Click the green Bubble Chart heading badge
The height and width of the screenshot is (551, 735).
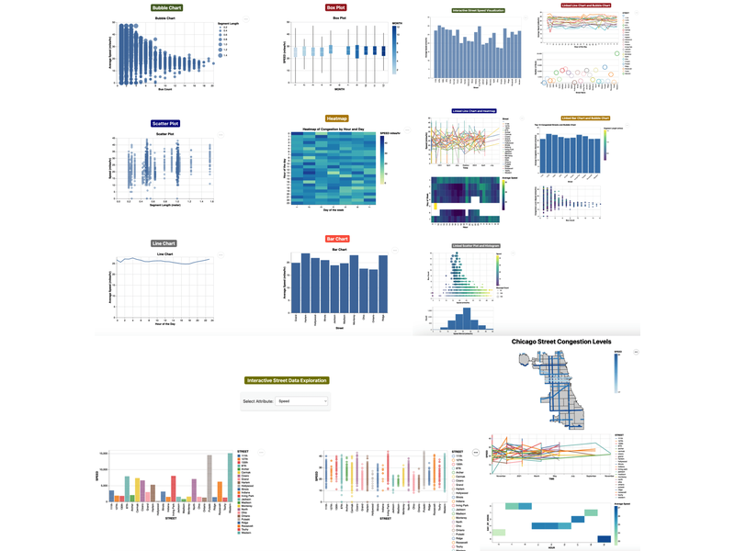coord(166,7)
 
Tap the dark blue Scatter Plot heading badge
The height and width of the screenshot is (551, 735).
coord(165,123)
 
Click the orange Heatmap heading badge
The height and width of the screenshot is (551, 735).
coord(336,119)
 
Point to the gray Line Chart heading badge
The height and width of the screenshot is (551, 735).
coord(164,243)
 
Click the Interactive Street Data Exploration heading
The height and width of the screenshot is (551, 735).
coord(286,380)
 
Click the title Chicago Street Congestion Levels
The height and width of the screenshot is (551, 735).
coord(561,342)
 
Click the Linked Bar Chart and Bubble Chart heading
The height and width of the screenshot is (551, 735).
coord(585,118)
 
